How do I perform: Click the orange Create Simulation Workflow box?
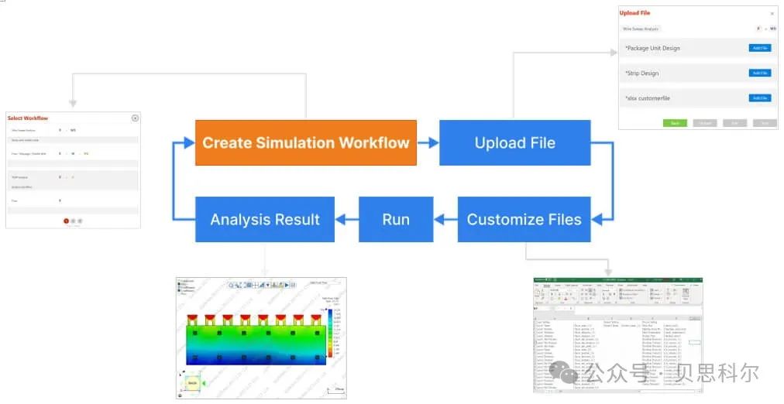[x=305, y=142]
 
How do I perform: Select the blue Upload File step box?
[x=514, y=142]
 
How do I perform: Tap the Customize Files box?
[x=524, y=219]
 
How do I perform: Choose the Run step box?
[x=395, y=219]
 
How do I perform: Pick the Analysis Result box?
[x=265, y=219]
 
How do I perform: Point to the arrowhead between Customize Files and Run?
[x=442, y=219]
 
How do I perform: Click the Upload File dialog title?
[x=634, y=13]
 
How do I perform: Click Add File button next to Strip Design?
[x=760, y=73]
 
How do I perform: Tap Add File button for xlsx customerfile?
[x=760, y=98]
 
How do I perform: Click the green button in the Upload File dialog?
[x=675, y=123]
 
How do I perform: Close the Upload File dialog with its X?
[x=772, y=13]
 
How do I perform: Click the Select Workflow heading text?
[x=28, y=118]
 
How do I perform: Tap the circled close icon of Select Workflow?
[x=135, y=118]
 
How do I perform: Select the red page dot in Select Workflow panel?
[x=66, y=221]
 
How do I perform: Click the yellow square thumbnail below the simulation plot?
[x=192, y=382]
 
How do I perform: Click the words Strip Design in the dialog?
[x=642, y=74]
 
